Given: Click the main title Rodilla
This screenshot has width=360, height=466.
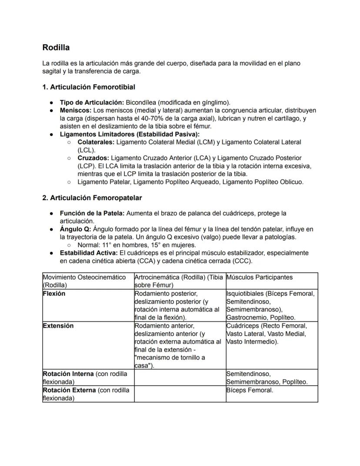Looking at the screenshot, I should click(56, 47).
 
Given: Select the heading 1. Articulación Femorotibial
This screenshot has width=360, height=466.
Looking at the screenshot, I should click(89, 87).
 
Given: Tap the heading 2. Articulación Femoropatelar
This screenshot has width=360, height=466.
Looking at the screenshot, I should click(92, 198).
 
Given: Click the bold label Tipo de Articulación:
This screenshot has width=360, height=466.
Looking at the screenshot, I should click(92, 103).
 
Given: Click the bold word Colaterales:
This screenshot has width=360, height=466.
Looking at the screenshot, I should click(96, 142).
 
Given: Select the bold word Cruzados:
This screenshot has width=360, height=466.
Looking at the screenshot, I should click(93, 158).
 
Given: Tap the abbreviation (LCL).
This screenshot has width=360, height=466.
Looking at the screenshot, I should click(87, 150).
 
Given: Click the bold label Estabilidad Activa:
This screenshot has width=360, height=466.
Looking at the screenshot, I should click(89, 253).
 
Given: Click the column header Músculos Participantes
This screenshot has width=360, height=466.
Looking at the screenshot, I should click(260, 277).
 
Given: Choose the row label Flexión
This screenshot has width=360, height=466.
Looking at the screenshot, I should click(54, 294).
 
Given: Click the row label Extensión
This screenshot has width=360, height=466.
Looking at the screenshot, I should click(58, 326).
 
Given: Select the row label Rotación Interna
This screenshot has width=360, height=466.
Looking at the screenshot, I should click(68, 374).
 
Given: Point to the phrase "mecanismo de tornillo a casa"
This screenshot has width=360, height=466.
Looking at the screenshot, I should click(170, 362).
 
